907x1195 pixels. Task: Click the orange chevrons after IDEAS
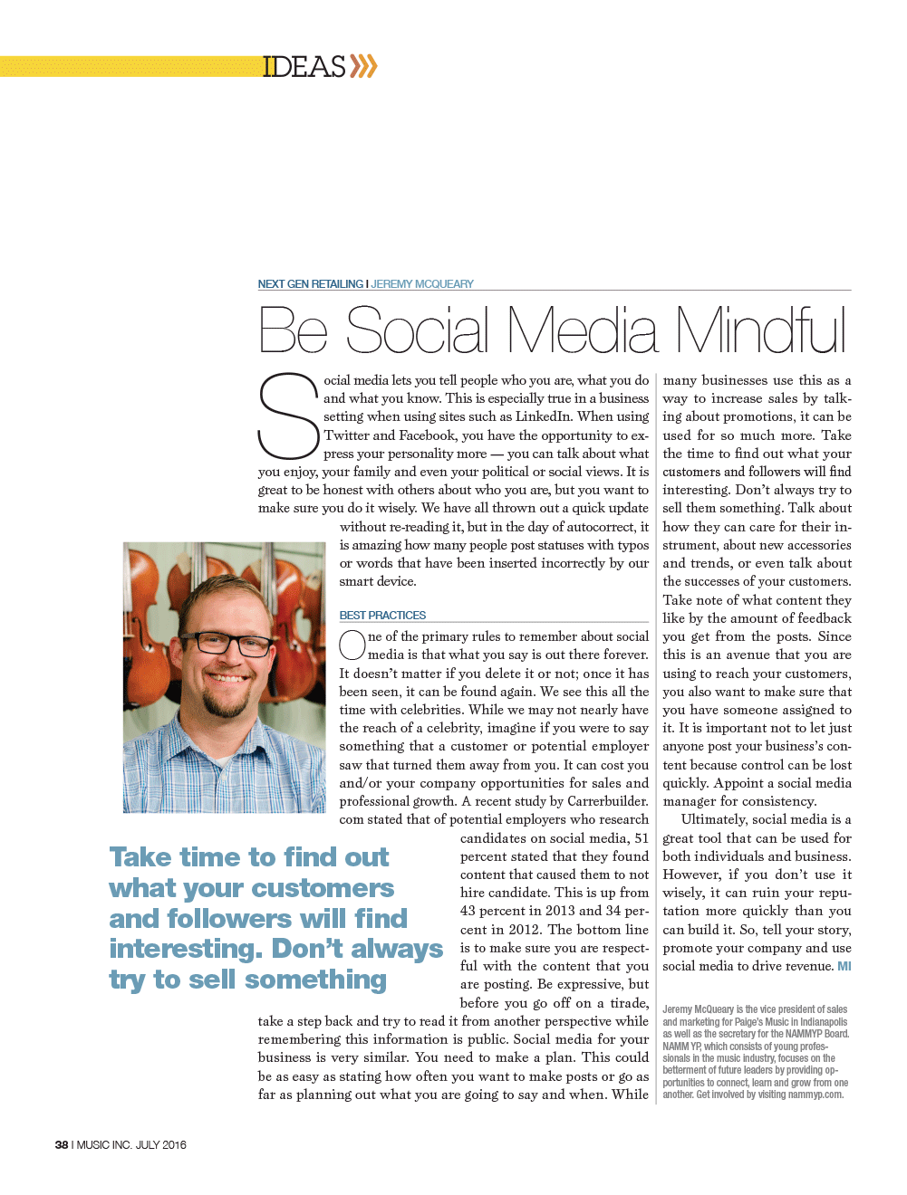(x=363, y=66)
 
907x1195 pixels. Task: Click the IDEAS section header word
(x=304, y=67)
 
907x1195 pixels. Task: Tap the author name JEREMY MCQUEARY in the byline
(x=422, y=284)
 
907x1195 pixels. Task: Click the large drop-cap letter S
(x=288, y=416)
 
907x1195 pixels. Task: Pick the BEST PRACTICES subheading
(x=382, y=616)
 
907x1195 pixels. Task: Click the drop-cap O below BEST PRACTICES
(x=352, y=645)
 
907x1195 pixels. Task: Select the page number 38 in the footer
(x=62, y=1145)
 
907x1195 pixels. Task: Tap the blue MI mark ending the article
(x=844, y=967)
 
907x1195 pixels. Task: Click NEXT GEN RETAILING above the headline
(x=310, y=284)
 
